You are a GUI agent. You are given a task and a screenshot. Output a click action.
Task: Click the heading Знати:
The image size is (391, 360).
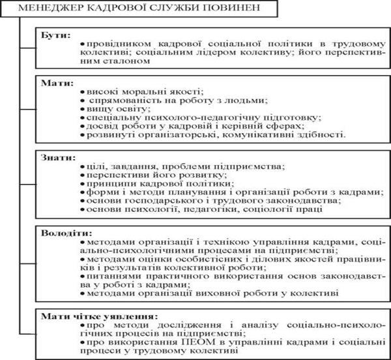[55, 158]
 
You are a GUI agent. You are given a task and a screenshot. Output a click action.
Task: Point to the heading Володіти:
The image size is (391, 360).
[63, 232]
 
